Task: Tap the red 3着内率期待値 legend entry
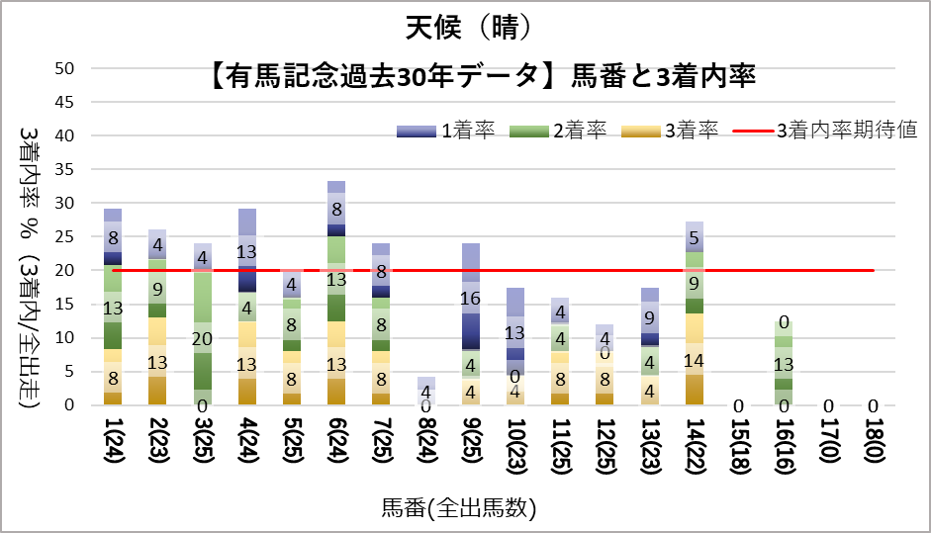pyautogui.click(x=826, y=131)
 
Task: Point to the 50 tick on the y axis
pyautogui.click(x=65, y=68)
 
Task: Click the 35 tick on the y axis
pyautogui.click(x=65, y=169)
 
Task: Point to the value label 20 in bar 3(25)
pyautogui.click(x=202, y=338)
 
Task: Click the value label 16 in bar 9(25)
pyautogui.click(x=470, y=298)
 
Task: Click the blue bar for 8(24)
pyautogui.click(x=425, y=390)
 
